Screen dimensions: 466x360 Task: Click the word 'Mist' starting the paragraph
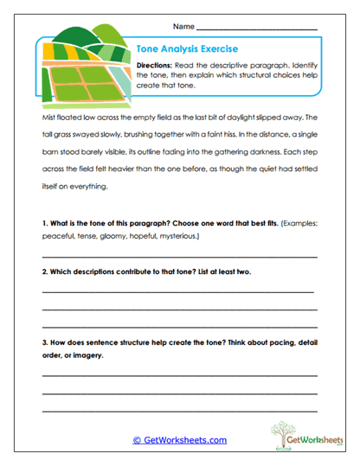coord(48,116)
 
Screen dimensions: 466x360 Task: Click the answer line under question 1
coord(179,257)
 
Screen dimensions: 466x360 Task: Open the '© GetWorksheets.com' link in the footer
coord(179,439)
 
